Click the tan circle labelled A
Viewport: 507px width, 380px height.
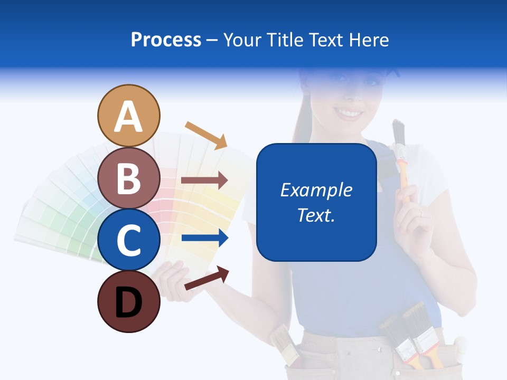point(128,116)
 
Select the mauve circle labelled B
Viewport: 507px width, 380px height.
point(128,178)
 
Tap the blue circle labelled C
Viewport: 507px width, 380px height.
point(128,240)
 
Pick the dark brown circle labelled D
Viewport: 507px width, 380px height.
point(128,301)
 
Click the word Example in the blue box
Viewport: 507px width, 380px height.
point(316,190)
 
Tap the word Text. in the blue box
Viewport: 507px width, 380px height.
point(316,215)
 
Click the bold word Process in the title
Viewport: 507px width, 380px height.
point(166,40)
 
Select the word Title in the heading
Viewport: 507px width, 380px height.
point(285,40)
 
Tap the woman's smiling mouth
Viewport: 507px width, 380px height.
point(349,113)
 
